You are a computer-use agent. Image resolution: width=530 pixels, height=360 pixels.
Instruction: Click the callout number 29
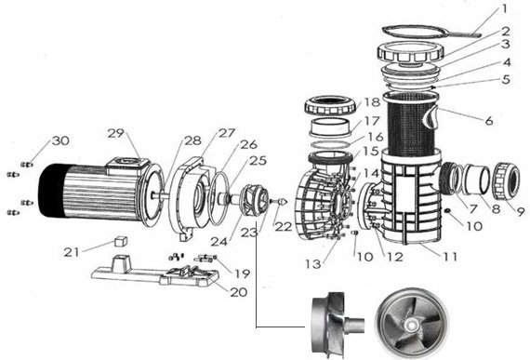coord(115,134)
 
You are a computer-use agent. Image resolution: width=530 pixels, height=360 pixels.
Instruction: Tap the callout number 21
coord(72,252)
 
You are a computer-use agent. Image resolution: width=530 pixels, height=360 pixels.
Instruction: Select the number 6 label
coord(489,120)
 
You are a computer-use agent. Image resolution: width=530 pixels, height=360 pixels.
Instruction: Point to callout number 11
coord(450,257)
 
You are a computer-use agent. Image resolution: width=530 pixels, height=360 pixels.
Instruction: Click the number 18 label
coord(373,101)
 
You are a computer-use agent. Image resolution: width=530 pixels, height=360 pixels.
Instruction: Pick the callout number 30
coord(60,140)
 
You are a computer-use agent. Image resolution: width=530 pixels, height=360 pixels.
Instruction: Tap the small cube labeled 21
coord(121,241)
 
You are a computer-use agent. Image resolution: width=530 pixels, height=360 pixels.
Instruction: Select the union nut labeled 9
coord(508,181)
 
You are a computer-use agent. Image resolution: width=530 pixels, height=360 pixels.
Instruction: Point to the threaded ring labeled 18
coord(330,106)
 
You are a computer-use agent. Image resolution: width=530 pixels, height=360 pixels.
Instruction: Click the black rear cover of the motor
coord(52,190)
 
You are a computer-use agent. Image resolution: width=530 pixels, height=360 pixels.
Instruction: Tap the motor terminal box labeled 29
coord(127,166)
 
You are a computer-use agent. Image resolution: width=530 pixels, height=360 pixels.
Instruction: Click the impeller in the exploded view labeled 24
coord(254,200)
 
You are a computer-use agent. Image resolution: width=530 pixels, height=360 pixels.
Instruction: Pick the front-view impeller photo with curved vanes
coord(412,324)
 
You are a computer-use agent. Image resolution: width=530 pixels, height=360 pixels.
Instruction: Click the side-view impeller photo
coord(338,323)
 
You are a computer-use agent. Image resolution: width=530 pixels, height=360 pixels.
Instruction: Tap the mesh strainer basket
coord(411,125)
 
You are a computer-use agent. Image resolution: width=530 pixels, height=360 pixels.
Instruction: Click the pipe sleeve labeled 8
coord(477,180)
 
